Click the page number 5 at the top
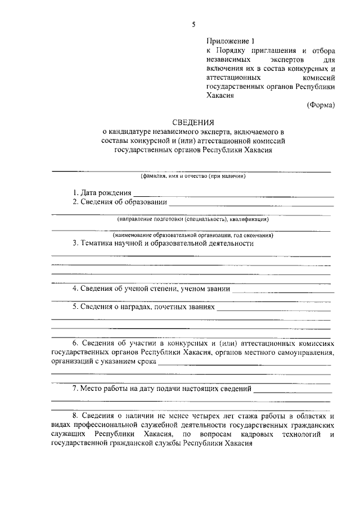[193, 24]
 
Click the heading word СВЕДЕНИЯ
[193, 121]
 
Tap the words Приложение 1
[231, 41]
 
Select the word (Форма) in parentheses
[321, 105]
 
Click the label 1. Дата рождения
[99, 192]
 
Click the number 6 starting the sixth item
[74, 343]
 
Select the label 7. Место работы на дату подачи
[163, 389]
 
